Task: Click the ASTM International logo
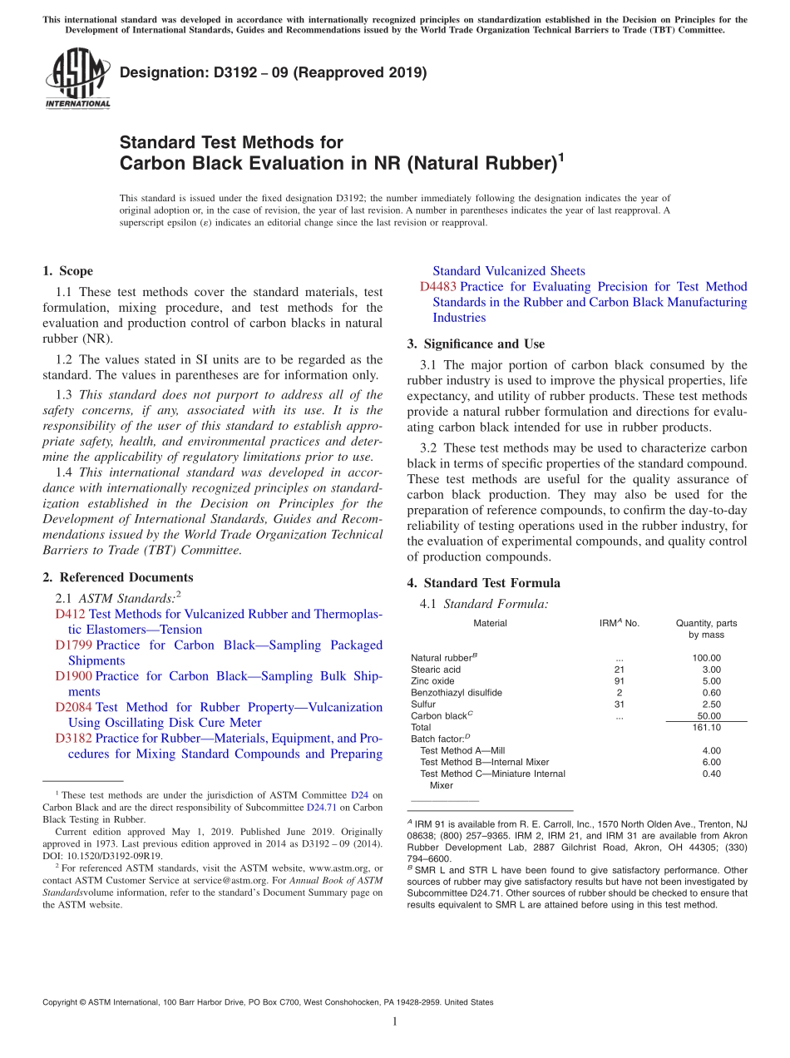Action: coord(77,77)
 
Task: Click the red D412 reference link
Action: coord(70,614)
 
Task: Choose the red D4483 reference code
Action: coord(437,286)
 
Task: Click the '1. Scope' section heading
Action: coord(67,271)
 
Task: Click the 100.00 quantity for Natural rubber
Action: coord(706,658)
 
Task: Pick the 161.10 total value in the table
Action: coord(706,728)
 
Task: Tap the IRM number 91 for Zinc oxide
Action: coord(619,681)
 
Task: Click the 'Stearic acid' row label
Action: coord(436,670)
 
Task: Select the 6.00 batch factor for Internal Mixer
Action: coord(711,762)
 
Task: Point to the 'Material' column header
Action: coord(490,623)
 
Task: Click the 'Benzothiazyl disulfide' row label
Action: coord(457,693)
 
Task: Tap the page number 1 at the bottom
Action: coord(395,1022)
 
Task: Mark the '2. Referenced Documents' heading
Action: coord(117,577)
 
